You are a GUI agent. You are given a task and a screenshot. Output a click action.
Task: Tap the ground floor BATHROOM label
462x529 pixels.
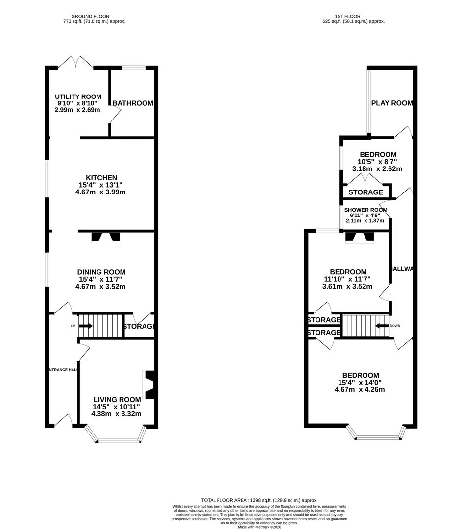133,103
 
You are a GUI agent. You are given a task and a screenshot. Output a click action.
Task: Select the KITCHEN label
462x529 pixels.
101,178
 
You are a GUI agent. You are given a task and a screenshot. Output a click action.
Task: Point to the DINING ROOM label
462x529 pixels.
101,272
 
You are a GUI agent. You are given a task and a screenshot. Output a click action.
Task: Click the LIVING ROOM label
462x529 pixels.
117,400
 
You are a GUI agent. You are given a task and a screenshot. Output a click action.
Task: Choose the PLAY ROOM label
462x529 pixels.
392,103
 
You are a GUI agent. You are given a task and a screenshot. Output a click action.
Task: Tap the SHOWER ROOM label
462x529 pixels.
365,210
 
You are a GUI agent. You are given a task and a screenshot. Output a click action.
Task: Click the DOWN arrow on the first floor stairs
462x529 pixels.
382,325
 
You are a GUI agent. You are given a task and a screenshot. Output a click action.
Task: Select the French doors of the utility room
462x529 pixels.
76,62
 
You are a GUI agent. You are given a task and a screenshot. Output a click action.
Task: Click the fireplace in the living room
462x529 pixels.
149,385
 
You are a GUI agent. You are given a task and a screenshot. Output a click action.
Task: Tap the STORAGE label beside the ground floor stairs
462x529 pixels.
139,327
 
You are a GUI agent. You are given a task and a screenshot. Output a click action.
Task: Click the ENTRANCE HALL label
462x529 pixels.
62,370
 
